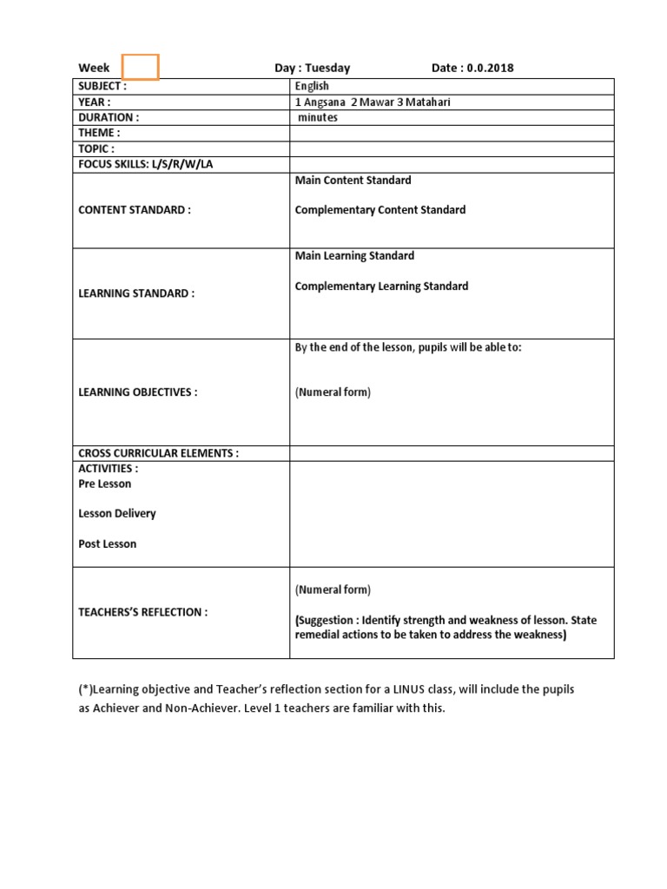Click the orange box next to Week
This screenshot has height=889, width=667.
pyautogui.click(x=141, y=67)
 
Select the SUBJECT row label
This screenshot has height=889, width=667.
pyautogui.click(x=102, y=86)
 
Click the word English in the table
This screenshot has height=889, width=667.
pyautogui.click(x=312, y=86)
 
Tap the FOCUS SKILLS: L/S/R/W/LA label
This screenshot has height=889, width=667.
pyautogui.click(x=145, y=164)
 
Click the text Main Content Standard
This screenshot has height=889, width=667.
pyautogui.click(x=353, y=180)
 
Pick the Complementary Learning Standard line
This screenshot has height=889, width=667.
pyautogui.click(x=381, y=286)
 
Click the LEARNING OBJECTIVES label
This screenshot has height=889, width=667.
pyautogui.click(x=138, y=392)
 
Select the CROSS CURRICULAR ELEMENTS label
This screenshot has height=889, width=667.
pyautogui.click(x=158, y=453)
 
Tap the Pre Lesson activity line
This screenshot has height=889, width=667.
pyautogui.click(x=105, y=484)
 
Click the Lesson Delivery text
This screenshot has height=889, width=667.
pyautogui.click(x=117, y=513)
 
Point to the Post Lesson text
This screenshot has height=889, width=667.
pyautogui.click(x=108, y=543)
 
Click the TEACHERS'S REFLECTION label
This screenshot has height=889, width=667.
pyautogui.click(x=143, y=612)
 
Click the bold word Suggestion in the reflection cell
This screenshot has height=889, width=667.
pyautogui.click(x=326, y=621)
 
